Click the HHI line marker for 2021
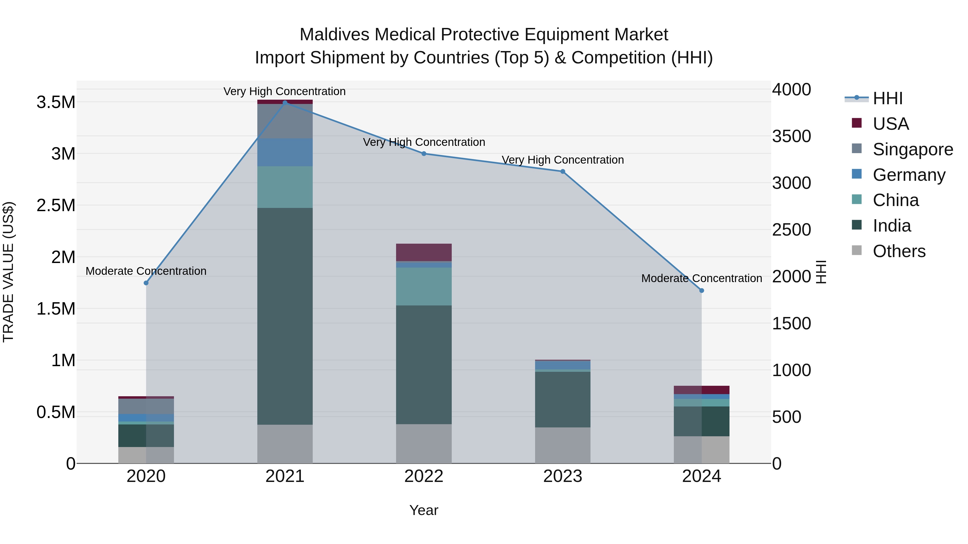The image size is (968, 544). pyautogui.click(x=285, y=103)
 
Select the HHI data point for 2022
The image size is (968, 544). pyautogui.click(x=424, y=154)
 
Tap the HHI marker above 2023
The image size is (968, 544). pyautogui.click(x=563, y=172)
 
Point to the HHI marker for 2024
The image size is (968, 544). pyautogui.click(x=702, y=291)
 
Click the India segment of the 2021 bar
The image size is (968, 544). pyautogui.click(x=285, y=316)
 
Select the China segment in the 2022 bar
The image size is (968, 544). pyautogui.click(x=424, y=286)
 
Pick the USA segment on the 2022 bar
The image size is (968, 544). pyautogui.click(x=424, y=252)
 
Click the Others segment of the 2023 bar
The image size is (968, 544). pyautogui.click(x=563, y=445)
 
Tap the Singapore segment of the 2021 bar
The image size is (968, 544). pyautogui.click(x=285, y=121)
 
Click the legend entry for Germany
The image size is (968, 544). pyautogui.click(x=909, y=175)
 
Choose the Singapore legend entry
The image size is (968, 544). pyautogui.click(x=912, y=149)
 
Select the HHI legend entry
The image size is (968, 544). pyautogui.click(x=887, y=98)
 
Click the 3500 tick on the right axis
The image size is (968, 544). pyautogui.click(x=791, y=136)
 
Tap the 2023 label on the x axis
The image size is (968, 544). pyautogui.click(x=563, y=476)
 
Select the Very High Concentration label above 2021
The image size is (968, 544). pyautogui.click(x=284, y=91)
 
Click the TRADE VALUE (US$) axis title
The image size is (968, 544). pyautogui.click(x=8, y=272)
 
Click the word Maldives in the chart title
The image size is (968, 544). pyautogui.click(x=334, y=35)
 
